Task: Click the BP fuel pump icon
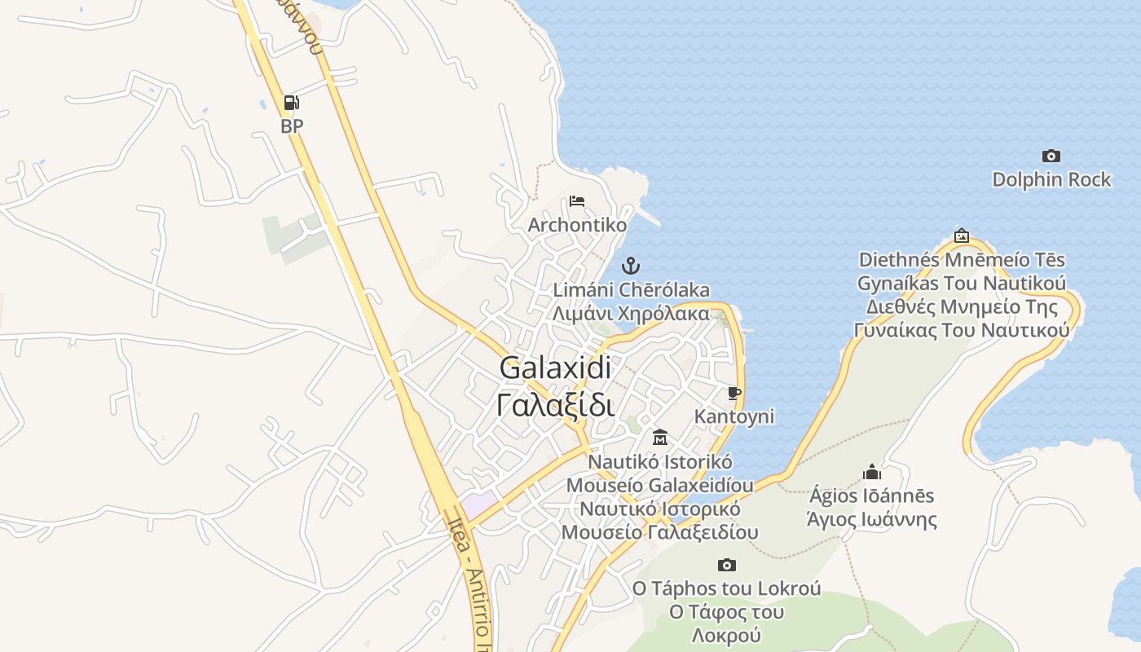click(291, 103)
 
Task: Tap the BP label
click(292, 126)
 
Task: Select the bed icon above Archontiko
click(577, 200)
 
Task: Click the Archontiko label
click(578, 225)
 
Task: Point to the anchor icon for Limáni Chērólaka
click(630, 266)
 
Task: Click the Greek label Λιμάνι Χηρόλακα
click(631, 313)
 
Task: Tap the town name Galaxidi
click(555, 368)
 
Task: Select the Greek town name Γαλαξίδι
click(555, 404)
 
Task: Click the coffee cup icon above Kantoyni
click(734, 394)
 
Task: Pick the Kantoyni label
click(734, 416)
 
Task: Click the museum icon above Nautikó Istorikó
click(660, 438)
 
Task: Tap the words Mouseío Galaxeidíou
click(660, 485)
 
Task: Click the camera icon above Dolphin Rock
click(1051, 156)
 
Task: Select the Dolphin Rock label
click(1051, 179)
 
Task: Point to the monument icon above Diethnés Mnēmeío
click(962, 236)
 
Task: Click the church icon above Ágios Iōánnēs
click(872, 472)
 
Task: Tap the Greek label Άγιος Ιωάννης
click(871, 519)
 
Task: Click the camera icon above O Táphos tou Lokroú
click(727, 565)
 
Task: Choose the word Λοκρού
click(726, 635)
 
